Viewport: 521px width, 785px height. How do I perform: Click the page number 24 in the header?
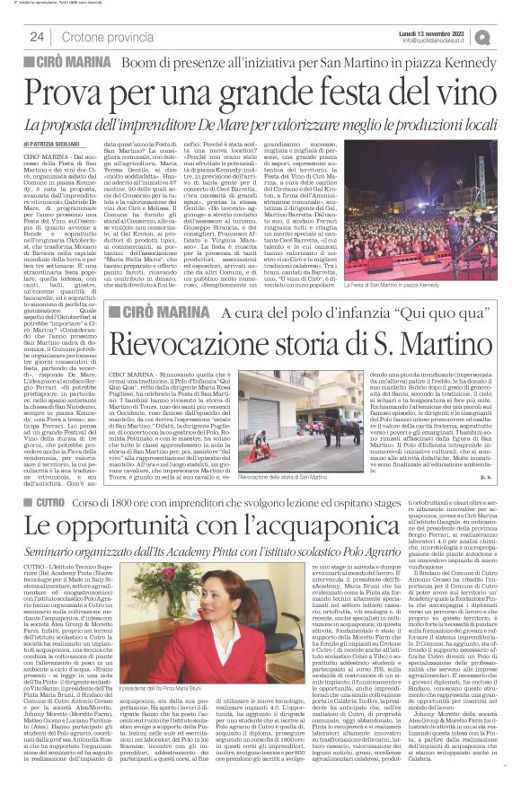(x=36, y=36)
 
